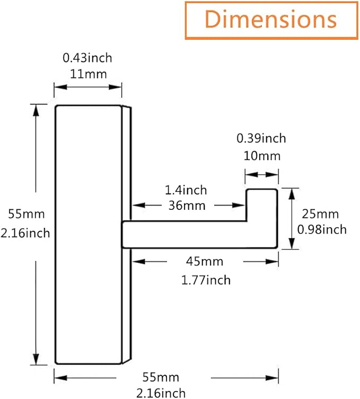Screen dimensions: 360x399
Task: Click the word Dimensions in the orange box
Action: (x=271, y=19)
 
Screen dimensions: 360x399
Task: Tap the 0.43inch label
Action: (x=87, y=58)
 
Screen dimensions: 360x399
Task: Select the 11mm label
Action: (x=89, y=74)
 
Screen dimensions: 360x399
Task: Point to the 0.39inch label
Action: (x=261, y=138)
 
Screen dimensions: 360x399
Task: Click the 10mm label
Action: (x=262, y=156)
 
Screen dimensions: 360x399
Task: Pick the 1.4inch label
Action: (x=186, y=190)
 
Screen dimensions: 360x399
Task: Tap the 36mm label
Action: (x=187, y=206)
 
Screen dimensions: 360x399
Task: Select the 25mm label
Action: (x=320, y=214)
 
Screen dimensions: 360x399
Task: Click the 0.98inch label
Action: (x=322, y=229)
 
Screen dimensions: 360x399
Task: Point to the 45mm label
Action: (x=205, y=262)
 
